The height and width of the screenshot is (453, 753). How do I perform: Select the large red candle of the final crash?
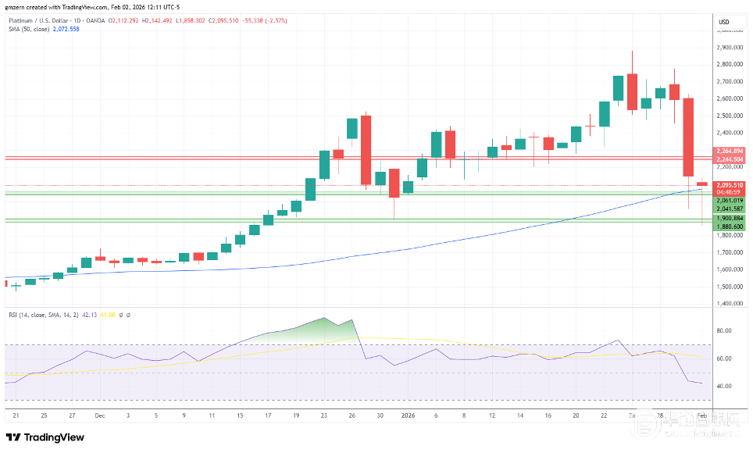688,137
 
